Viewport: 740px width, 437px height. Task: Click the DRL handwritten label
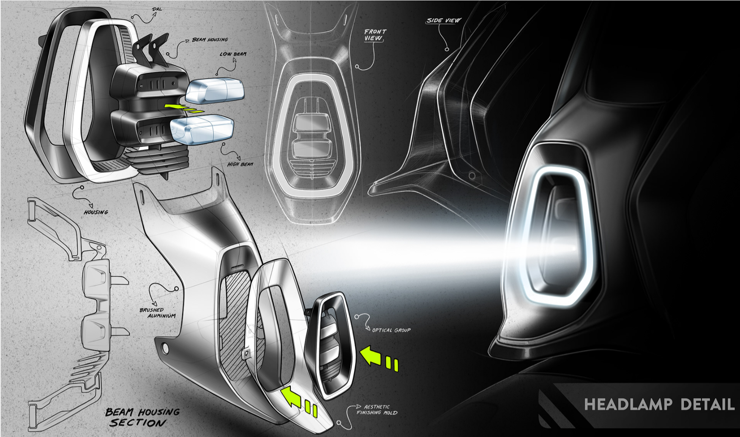[x=156, y=9]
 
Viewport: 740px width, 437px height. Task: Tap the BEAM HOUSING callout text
[x=210, y=40]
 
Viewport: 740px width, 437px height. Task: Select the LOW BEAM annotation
[x=233, y=54]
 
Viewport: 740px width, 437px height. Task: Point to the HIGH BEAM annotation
[x=240, y=164]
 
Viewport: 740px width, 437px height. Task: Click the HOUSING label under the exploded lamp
[x=96, y=212]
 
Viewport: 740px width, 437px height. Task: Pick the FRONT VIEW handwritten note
[x=374, y=35]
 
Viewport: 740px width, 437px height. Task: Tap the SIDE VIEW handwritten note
[x=443, y=20]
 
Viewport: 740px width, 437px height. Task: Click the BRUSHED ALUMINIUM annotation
[x=157, y=313]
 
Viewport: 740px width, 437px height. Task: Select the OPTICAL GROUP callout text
[x=391, y=330]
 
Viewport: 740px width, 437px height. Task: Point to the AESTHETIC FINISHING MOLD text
[x=377, y=410]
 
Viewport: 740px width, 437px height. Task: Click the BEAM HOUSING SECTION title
[x=142, y=417]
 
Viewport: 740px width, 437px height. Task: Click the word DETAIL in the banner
[x=707, y=404]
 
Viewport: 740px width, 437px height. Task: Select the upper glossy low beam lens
[x=215, y=90]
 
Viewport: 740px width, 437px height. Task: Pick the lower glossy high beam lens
[x=202, y=130]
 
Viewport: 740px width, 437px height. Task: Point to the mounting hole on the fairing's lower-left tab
[x=165, y=348]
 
